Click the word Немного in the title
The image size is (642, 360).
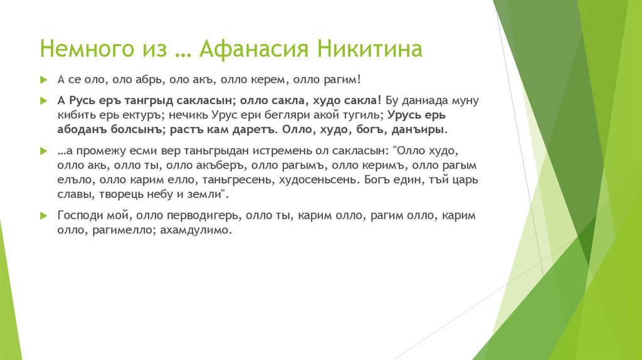pos(83,50)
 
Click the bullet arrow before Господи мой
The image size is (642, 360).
pos(43,216)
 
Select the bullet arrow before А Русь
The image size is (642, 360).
pos(43,100)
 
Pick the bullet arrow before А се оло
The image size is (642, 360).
pos(43,80)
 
